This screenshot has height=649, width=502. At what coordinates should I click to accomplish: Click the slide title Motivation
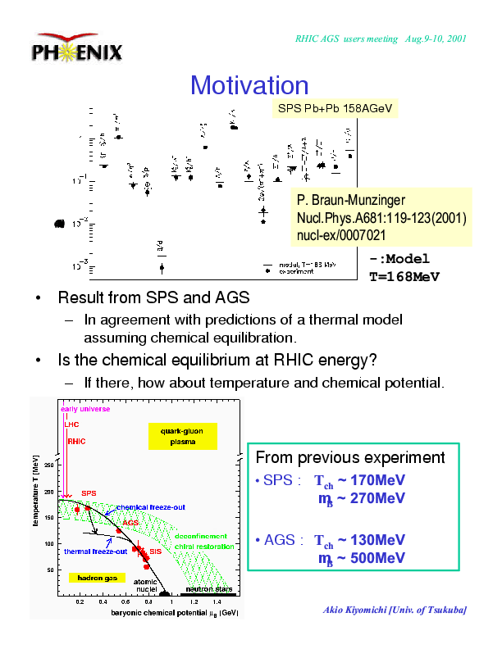pos(249,85)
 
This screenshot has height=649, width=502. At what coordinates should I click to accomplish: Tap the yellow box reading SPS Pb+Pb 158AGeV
pos(334,108)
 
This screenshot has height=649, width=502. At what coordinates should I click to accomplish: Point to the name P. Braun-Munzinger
pos(350,200)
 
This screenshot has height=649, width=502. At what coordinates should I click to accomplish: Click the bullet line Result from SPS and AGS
pos(153,297)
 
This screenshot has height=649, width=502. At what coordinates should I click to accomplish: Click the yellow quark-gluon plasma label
pos(176,436)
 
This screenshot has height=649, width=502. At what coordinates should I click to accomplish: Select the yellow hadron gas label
pos(97,578)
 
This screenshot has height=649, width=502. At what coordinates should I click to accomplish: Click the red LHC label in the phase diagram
pos(71,425)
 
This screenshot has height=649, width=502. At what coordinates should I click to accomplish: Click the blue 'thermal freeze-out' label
pos(95,551)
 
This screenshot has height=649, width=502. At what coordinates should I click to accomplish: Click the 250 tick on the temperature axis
pos(48,465)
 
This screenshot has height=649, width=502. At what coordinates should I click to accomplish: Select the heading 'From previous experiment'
pos(350,457)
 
